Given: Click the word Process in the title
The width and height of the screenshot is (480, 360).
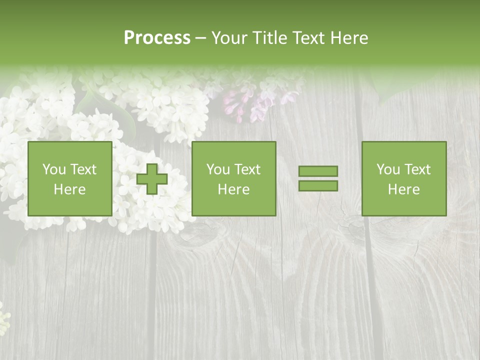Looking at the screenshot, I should [157, 38].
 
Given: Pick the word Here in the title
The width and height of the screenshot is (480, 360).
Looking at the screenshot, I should [351, 38].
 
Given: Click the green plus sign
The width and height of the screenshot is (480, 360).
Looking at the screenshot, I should [152, 179].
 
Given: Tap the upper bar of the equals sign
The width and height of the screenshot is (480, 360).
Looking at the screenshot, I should [318, 171].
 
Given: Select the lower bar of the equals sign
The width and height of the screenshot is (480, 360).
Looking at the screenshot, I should [318, 185].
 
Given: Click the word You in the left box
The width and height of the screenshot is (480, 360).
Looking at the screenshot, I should [54, 169].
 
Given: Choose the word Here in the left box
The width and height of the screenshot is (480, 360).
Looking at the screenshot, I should [69, 189].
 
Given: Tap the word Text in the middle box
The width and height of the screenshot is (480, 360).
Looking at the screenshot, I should [247, 169].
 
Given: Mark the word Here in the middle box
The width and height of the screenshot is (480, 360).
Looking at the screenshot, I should [233, 189].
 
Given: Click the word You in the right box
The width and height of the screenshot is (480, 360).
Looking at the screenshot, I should [388, 169].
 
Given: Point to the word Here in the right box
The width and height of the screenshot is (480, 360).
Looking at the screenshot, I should [403, 189].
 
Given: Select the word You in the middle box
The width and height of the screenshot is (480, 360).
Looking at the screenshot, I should [218, 169].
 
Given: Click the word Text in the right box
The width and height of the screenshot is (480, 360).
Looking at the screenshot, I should [417, 169].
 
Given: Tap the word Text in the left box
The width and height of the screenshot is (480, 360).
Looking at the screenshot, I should [83, 169].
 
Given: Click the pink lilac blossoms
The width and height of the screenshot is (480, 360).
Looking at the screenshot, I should [250, 102].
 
